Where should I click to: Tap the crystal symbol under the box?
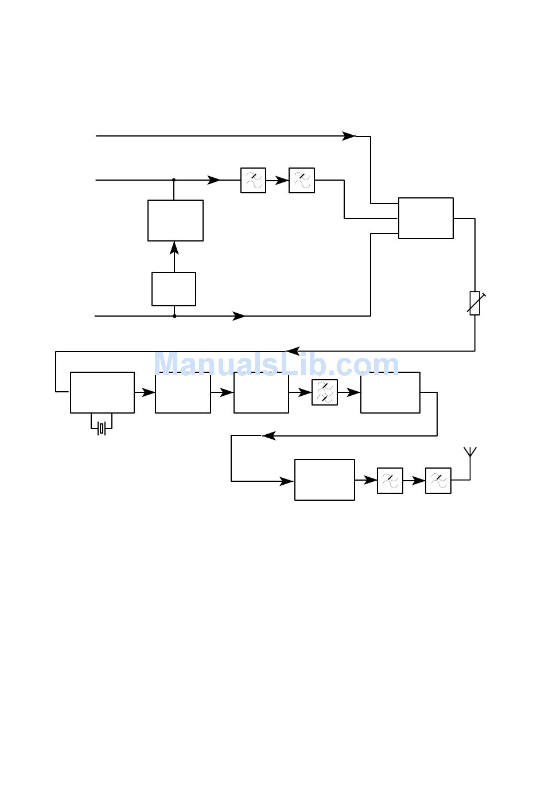coord(102,428)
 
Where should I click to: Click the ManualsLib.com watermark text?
coord(277,364)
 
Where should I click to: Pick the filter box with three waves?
coord(325,392)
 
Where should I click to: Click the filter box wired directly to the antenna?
coord(438,481)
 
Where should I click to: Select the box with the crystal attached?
coord(103,392)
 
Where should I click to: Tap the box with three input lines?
coord(426,218)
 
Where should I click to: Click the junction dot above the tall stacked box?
coord(174,180)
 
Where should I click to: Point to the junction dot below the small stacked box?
coord(174,316)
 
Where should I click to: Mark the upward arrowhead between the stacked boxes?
coord(174,248)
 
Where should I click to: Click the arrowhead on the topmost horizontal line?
coord(349,136)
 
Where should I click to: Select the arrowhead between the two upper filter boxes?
coord(282,181)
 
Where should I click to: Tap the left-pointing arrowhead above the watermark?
coord(293,351)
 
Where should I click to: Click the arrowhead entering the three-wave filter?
coord(305,392)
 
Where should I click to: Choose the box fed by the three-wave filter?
coord(390,392)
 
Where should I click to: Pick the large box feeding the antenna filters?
coord(325,480)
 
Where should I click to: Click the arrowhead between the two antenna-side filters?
coord(419,481)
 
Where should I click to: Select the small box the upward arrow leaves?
coord(174,289)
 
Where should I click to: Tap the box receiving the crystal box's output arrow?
coord(183,392)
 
